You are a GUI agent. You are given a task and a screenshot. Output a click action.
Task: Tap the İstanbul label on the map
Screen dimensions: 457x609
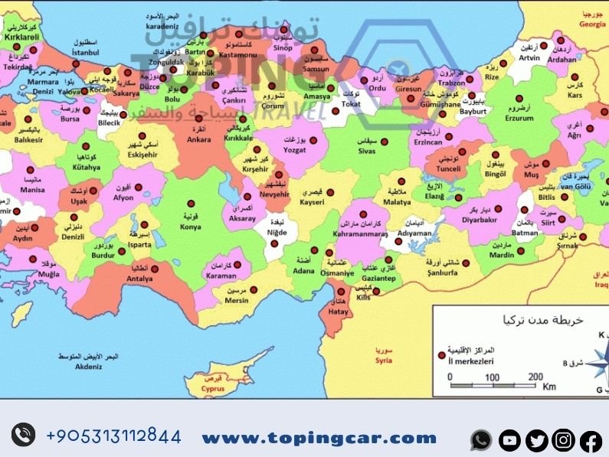pyautogui.click(x=85, y=52)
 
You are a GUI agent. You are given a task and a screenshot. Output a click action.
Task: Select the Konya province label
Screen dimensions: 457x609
pyautogui.click(x=191, y=227)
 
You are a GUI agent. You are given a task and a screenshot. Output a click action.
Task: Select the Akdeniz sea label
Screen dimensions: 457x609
pyautogui.click(x=89, y=367)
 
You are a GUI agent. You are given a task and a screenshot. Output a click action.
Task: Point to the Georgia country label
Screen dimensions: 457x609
pyautogui.click(x=591, y=24)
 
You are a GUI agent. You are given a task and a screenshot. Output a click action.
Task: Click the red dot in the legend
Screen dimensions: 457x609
pyautogui.click(x=441, y=356)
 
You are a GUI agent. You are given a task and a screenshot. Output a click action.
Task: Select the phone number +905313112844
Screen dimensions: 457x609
pyautogui.click(x=113, y=436)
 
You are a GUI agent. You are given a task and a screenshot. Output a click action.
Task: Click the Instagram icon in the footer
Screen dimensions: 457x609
pyautogui.click(x=563, y=439)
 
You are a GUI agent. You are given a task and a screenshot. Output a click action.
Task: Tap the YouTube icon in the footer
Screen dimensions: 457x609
pyautogui.click(x=509, y=439)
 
